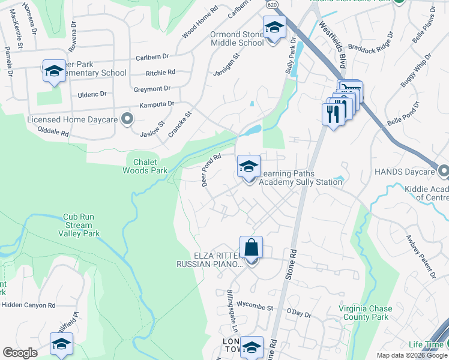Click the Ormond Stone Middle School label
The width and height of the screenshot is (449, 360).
pyautogui.click(x=237, y=38)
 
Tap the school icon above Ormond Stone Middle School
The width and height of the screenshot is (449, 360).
pyautogui.click(x=274, y=28)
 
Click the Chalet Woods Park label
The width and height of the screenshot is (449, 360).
pyautogui.click(x=145, y=166)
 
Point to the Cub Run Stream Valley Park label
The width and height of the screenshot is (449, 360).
pyautogui.click(x=82, y=225)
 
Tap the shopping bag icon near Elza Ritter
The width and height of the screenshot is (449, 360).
pyautogui.click(x=251, y=248)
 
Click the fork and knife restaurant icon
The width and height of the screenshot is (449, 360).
pyautogui.click(x=333, y=113)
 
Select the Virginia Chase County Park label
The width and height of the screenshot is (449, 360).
pyautogui.click(x=366, y=313)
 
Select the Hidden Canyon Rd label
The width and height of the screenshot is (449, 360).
pyautogui.click(x=28, y=305)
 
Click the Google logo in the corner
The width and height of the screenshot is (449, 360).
pyautogui.click(x=20, y=353)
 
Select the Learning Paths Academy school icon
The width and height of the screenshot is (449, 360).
pyautogui.click(x=249, y=167)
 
